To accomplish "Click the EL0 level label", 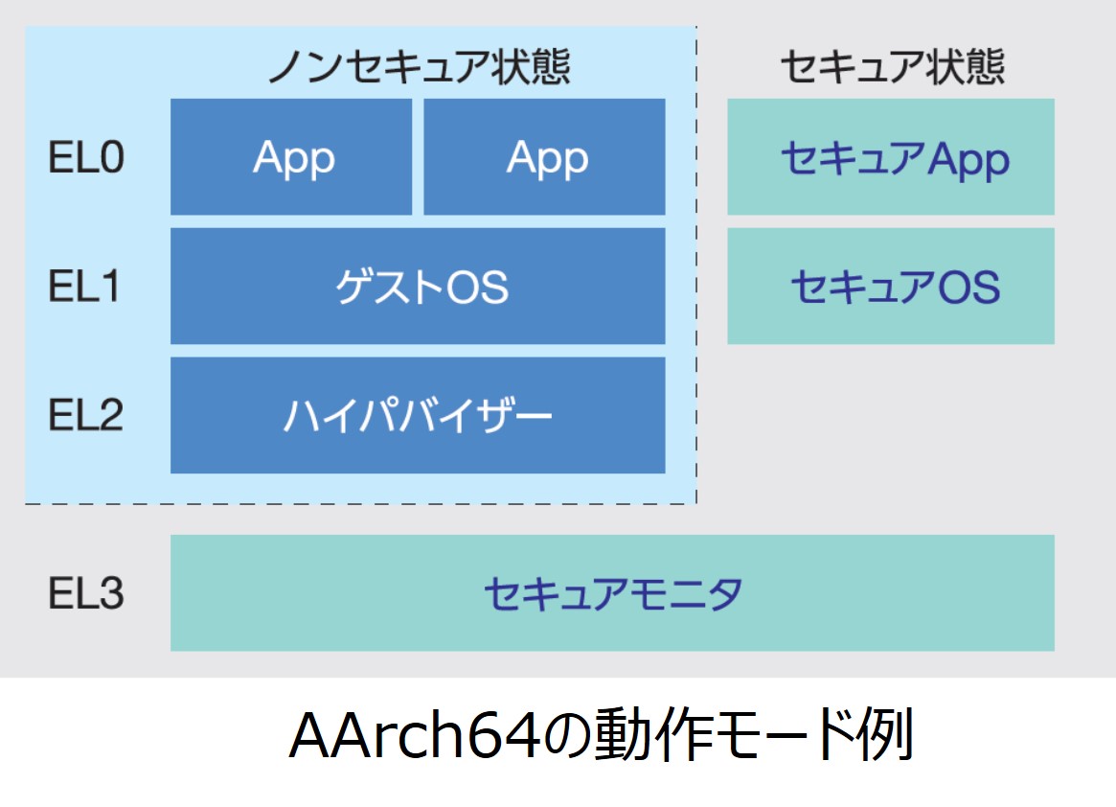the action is [86, 157].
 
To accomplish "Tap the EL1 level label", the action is [84, 287].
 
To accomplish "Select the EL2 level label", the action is [86, 415].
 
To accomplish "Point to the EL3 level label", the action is [86, 593].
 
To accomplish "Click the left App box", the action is [291, 156].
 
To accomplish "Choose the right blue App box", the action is [544, 156].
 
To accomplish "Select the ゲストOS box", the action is [418, 287].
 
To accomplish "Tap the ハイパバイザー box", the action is [418, 415].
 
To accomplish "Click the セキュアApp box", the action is [891, 156].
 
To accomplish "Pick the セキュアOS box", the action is [891, 287].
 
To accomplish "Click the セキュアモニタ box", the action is [613, 592].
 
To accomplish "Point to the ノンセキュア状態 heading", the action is [420, 67].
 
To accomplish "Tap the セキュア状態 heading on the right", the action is [893, 67].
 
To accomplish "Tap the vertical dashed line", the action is [696, 265].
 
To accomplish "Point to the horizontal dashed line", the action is [361, 503].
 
